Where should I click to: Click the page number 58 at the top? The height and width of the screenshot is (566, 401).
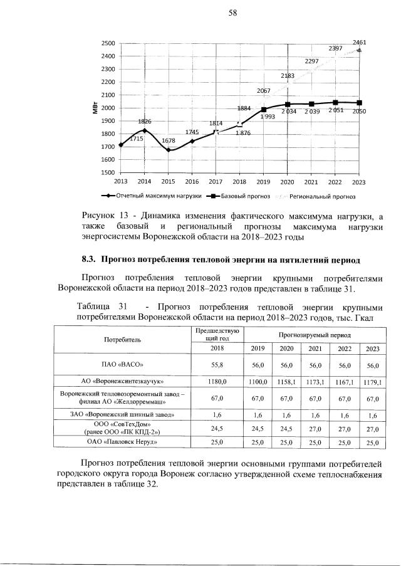[200, 13]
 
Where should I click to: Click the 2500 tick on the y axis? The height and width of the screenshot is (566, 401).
[107, 43]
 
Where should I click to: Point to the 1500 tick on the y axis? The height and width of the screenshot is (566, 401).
[107, 172]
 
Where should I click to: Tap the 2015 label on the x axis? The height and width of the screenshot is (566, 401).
[168, 181]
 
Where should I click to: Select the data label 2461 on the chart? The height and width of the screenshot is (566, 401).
[359, 43]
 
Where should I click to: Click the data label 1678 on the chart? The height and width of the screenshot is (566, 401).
[169, 141]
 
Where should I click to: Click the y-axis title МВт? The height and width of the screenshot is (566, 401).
[92, 108]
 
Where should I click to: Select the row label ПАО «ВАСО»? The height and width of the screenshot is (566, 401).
[122, 364]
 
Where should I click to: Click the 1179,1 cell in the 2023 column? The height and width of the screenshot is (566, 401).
[373, 381]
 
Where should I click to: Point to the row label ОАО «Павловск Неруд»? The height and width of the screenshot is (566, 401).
[122, 443]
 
